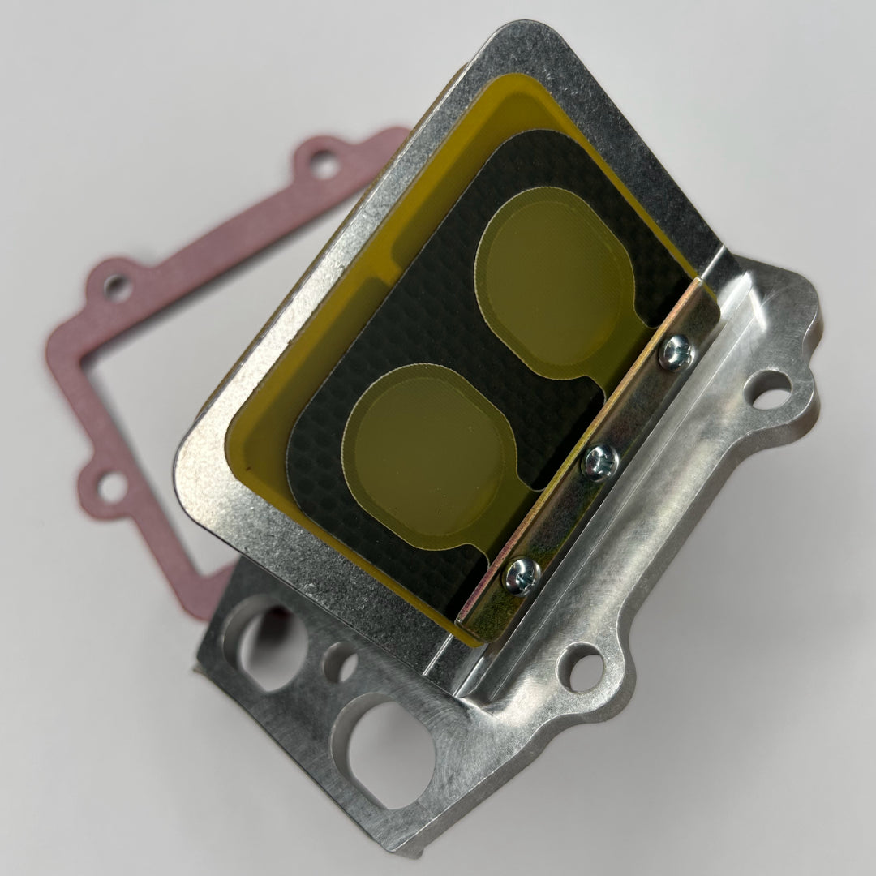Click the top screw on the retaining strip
click(675, 353)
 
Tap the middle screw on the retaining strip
click(600, 462)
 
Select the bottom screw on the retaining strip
click(522, 575)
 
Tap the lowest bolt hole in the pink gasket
click(112, 488)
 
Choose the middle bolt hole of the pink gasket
click(117, 286)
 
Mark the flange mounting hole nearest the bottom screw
click(583, 669)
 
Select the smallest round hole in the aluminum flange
click(341, 663)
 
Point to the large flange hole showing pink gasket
click(264, 641)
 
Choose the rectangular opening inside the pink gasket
click(146, 389)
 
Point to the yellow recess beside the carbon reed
click(324, 341)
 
